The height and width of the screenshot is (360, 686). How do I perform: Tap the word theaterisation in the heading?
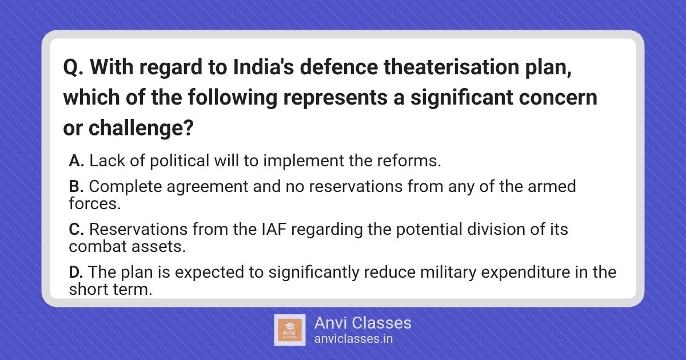(x=452, y=67)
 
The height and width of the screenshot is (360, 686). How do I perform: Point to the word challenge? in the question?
(x=141, y=127)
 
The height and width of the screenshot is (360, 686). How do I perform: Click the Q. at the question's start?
(x=74, y=68)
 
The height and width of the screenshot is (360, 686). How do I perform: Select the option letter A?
(x=76, y=161)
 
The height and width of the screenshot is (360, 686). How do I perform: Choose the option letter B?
(x=76, y=186)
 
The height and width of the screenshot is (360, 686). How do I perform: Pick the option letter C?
(x=76, y=229)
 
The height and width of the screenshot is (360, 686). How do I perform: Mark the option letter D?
(x=76, y=272)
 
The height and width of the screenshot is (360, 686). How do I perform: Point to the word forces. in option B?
(x=95, y=203)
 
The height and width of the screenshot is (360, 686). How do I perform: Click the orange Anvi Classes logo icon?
(x=290, y=330)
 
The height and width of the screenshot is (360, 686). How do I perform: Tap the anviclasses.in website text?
(x=353, y=339)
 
